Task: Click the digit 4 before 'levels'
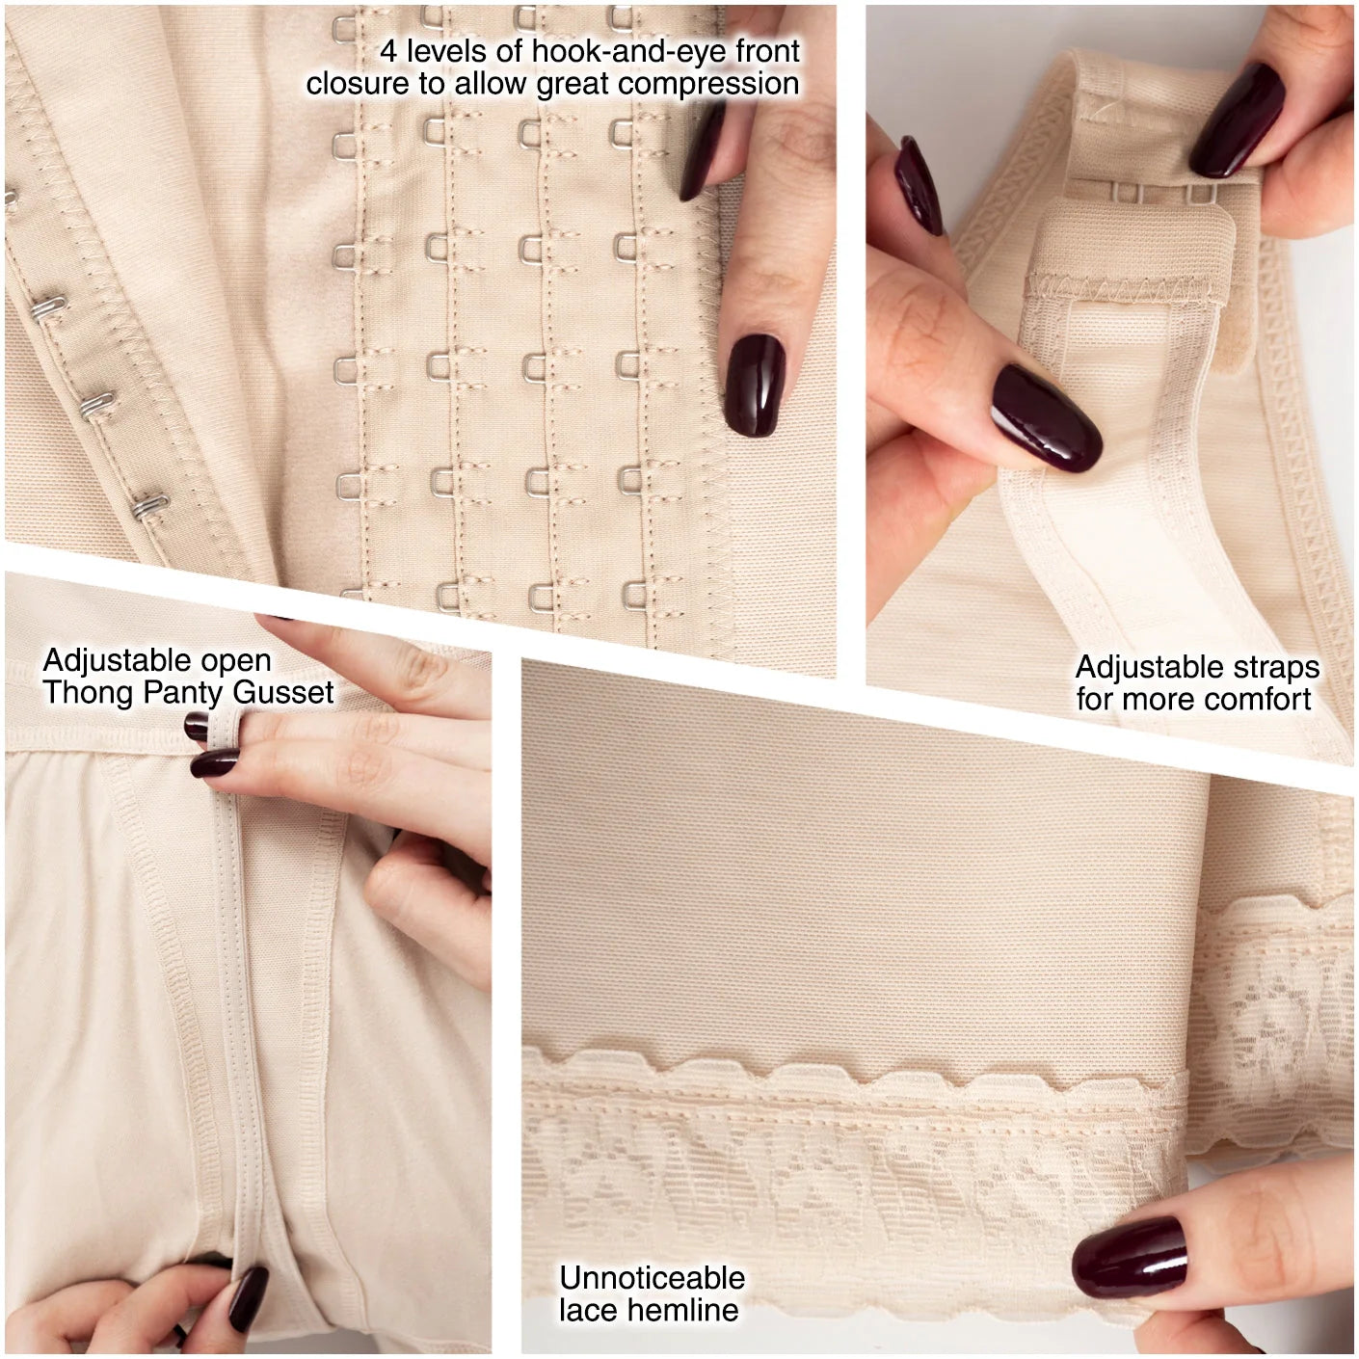coord(388,51)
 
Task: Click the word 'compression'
coord(708,85)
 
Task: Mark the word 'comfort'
coord(1258,699)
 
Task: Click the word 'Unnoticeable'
coord(653,1278)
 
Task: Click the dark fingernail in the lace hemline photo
coord(1129,1255)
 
